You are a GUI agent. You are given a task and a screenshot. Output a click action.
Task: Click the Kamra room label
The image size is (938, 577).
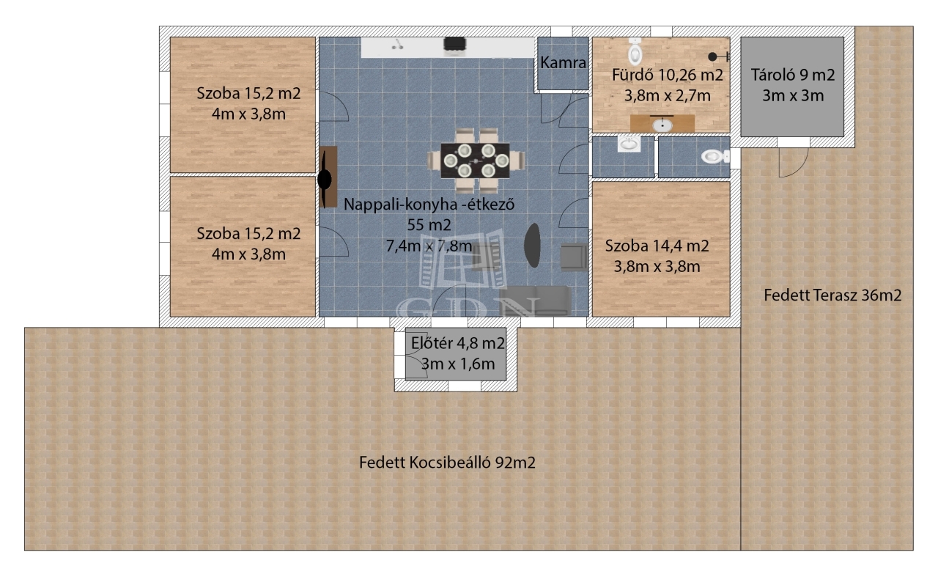(563, 63)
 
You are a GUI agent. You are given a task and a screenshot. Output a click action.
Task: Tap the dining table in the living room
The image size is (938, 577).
(476, 161)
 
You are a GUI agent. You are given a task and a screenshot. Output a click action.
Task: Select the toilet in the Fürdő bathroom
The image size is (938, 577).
(635, 51)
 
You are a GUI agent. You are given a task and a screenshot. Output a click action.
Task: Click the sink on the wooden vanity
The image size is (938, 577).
(662, 125)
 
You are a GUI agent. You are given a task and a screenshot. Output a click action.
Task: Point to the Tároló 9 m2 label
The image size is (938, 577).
(793, 75)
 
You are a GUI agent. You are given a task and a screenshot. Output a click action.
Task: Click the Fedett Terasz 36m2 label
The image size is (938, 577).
(832, 295)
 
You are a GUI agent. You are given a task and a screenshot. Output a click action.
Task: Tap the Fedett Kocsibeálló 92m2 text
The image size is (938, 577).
(447, 463)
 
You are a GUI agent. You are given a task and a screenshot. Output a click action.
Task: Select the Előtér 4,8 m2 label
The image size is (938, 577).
(458, 344)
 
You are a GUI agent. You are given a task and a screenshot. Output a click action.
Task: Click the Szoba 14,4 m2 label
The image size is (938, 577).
(657, 246)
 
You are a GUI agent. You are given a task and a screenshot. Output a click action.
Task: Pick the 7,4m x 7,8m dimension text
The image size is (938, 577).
(429, 246)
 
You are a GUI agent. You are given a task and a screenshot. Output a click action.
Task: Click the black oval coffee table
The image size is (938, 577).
(532, 245)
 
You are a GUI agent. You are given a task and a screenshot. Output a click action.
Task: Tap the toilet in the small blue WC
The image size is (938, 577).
(713, 157)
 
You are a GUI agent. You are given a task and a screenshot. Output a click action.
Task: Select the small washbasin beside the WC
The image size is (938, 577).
(629, 144)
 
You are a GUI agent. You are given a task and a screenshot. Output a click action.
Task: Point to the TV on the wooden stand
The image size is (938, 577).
(325, 180)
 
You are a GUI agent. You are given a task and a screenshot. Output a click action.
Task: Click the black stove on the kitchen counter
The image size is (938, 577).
(455, 46)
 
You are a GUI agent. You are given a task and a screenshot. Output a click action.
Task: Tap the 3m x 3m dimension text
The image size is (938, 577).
(793, 96)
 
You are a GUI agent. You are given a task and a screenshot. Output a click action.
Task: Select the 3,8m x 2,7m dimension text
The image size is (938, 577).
(667, 96)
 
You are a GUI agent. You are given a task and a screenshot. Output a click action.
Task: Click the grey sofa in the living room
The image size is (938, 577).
(536, 301)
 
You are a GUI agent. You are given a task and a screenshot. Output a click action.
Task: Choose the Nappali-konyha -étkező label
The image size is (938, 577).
(429, 205)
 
